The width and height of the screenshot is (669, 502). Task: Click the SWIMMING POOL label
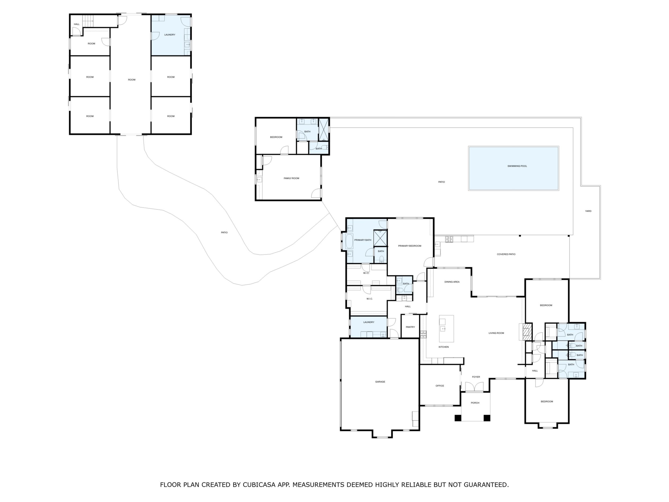coord(517,166)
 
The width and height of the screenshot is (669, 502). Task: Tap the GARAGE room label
coord(380,382)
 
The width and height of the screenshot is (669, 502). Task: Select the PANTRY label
coord(410,327)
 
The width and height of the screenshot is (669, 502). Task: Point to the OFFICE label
coord(440,386)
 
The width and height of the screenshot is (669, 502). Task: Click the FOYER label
coord(476,377)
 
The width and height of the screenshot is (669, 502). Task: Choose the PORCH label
coord(475,403)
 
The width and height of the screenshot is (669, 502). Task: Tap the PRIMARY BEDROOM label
coord(410,246)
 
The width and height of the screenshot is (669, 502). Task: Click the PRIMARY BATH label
coord(363,240)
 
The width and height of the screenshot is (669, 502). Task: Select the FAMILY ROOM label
coord(291,179)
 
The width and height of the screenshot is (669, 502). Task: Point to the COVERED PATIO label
coord(506,254)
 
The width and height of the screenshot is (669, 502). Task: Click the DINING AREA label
coord(452,282)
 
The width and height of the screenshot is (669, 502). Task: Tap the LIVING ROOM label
coord(496,333)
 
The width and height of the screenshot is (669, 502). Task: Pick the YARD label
coord(588,211)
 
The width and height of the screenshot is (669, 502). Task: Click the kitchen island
coord(447,328)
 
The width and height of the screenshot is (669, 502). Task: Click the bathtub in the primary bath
coord(350,241)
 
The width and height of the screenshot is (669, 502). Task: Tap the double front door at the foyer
coord(474,387)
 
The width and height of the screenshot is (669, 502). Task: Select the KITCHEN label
coord(444,347)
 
